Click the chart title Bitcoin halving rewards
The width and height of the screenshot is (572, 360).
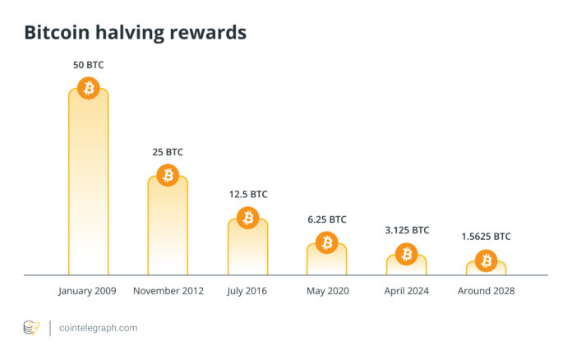point(135,34)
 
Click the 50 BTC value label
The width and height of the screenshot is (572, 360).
point(88,64)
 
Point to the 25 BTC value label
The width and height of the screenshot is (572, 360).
point(168,152)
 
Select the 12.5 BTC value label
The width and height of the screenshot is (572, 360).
point(247,195)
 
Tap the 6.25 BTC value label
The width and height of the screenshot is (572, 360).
point(327,219)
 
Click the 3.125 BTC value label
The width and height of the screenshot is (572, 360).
point(407,230)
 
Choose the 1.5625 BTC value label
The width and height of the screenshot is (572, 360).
point(486,237)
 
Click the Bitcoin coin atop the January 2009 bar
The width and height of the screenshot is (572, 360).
point(88,87)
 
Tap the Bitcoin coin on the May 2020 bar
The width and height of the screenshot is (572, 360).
point(327,242)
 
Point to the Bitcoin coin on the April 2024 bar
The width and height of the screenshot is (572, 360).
point(407,254)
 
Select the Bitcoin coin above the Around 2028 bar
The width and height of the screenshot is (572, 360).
point(486,261)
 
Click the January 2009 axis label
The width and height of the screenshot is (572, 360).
point(88,291)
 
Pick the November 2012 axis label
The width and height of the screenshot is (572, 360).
point(168,291)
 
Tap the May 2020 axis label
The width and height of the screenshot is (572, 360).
point(327,291)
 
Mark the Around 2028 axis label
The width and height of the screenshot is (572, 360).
point(486,291)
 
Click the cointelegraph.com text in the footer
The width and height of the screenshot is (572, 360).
point(99,328)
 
